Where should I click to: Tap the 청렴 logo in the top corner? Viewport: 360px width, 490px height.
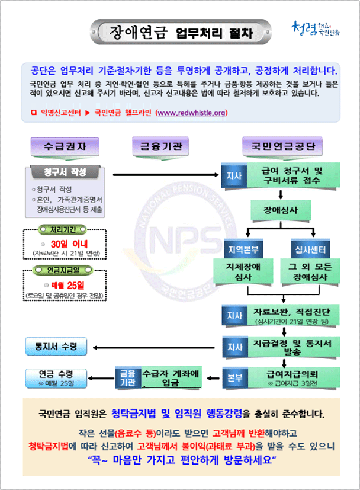[x=316, y=28]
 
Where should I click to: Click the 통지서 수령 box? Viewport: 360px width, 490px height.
[x=57, y=345]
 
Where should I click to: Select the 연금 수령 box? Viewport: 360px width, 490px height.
[x=56, y=377]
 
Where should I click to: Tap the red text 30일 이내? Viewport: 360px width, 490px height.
[x=65, y=244]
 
